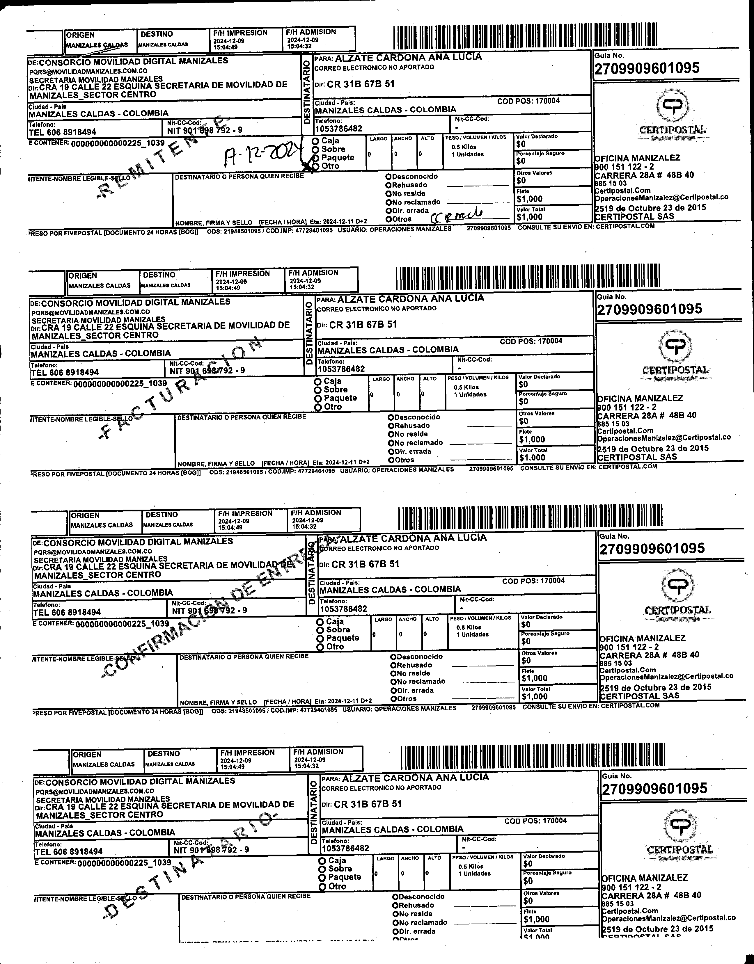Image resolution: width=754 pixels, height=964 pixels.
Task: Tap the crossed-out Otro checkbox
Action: (x=315, y=166)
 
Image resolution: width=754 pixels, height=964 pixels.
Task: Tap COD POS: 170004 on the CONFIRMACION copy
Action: (x=533, y=581)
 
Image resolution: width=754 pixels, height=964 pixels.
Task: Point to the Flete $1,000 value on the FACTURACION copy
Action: (x=532, y=440)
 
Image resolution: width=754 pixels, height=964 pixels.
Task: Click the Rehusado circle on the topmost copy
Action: (x=388, y=185)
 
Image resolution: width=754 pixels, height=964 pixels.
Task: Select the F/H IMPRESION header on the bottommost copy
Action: (x=247, y=753)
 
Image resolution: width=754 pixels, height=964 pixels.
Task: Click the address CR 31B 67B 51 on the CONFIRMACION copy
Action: (x=366, y=564)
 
